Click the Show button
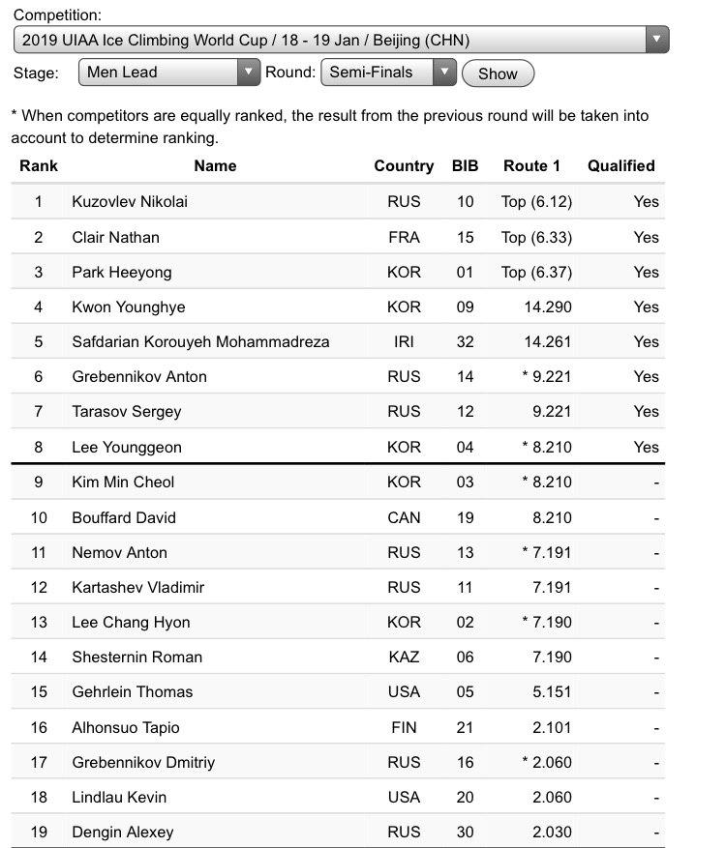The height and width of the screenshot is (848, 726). pos(498,73)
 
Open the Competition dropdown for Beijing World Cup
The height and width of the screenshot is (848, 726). pos(341,41)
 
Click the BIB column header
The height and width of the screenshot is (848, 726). pos(465,165)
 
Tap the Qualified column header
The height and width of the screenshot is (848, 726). pos(620,165)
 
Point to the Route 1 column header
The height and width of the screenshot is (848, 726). pos(531,165)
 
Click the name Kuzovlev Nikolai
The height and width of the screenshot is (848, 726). pos(130,201)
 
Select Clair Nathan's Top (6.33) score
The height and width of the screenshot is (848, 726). pos(536,237)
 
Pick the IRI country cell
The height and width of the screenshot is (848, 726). pos(404,341)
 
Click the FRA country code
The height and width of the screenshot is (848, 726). pos(404,237)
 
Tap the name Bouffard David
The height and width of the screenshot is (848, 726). pos(124,517)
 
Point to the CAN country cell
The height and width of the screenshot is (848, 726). pos(404,517)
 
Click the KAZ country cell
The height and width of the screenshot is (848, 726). pos(404,657)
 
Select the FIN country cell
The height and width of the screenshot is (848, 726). pos(404,727)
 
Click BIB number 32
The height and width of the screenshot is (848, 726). pos(465,341)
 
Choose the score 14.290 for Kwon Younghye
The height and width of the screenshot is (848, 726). pos(547,307)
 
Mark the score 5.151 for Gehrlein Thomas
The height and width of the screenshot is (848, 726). pos(552,691)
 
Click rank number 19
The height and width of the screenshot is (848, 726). pos(39,832)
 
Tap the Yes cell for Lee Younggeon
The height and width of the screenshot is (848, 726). pos(646,447)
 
